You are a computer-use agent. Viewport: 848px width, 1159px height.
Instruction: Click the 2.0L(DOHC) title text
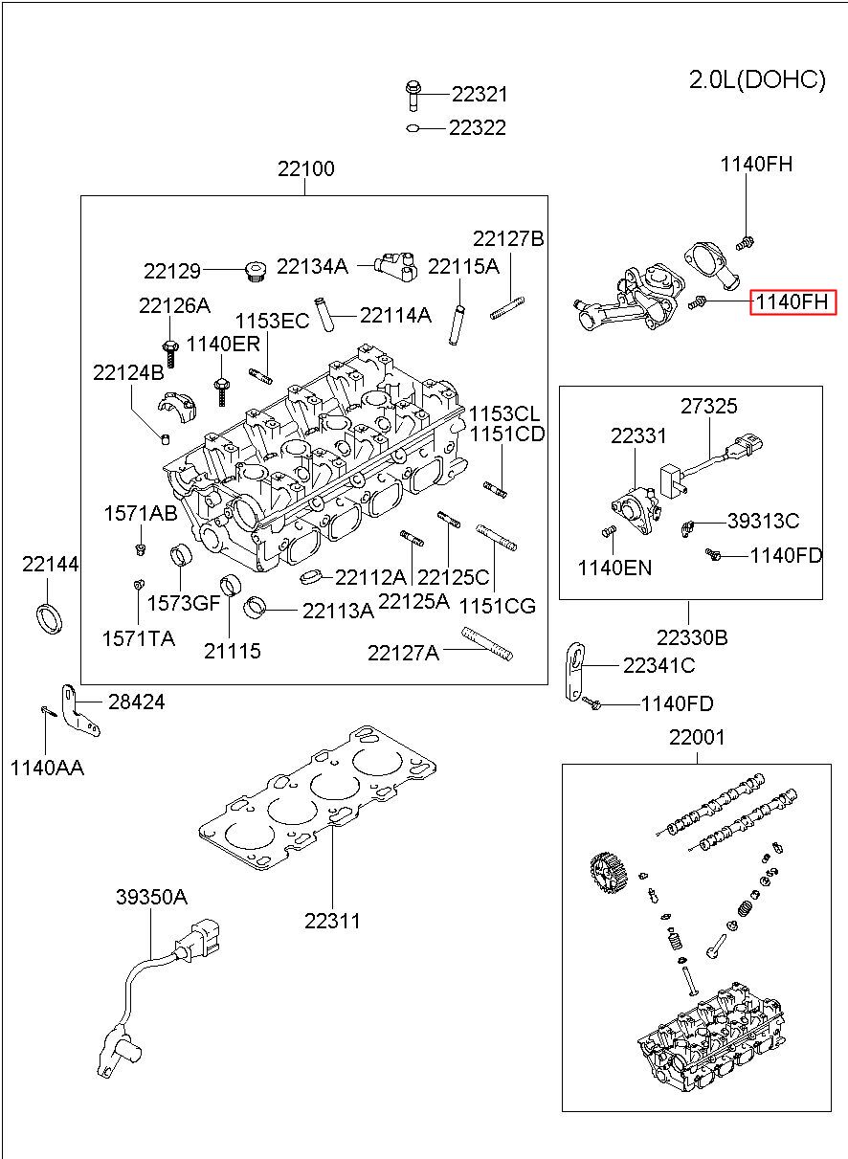tap(757, 80)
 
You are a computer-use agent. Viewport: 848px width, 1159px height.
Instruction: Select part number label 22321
tap(480, 95)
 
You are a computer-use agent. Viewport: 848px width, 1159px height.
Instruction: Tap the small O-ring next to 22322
tap(413, 128)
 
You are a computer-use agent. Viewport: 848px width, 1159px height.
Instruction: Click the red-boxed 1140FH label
tap(792, 301)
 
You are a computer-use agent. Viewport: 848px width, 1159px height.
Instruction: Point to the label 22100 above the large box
tap(305, 168)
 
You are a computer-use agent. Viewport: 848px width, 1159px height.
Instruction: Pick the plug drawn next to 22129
tap(255, 271)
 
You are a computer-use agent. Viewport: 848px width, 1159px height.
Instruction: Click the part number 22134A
tap(313, 266)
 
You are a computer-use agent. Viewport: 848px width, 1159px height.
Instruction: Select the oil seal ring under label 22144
tap(50, 618)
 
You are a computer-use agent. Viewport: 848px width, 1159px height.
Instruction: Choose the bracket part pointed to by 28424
tap(78, 710)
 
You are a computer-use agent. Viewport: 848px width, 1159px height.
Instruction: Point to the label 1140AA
tap(47, 769)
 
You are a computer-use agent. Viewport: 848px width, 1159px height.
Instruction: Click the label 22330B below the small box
tap(692, 638)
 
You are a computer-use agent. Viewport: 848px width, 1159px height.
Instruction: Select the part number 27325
tap(709, 407)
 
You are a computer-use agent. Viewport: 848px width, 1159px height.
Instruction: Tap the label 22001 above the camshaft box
tap(697, 737)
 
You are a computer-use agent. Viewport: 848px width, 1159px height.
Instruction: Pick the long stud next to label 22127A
tap(487, 644)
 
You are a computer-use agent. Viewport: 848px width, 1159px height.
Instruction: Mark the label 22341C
tap(658, 665)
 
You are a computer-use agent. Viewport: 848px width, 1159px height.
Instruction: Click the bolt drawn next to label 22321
tap(413, 96)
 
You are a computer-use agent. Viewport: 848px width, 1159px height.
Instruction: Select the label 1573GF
tap(184, 603)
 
